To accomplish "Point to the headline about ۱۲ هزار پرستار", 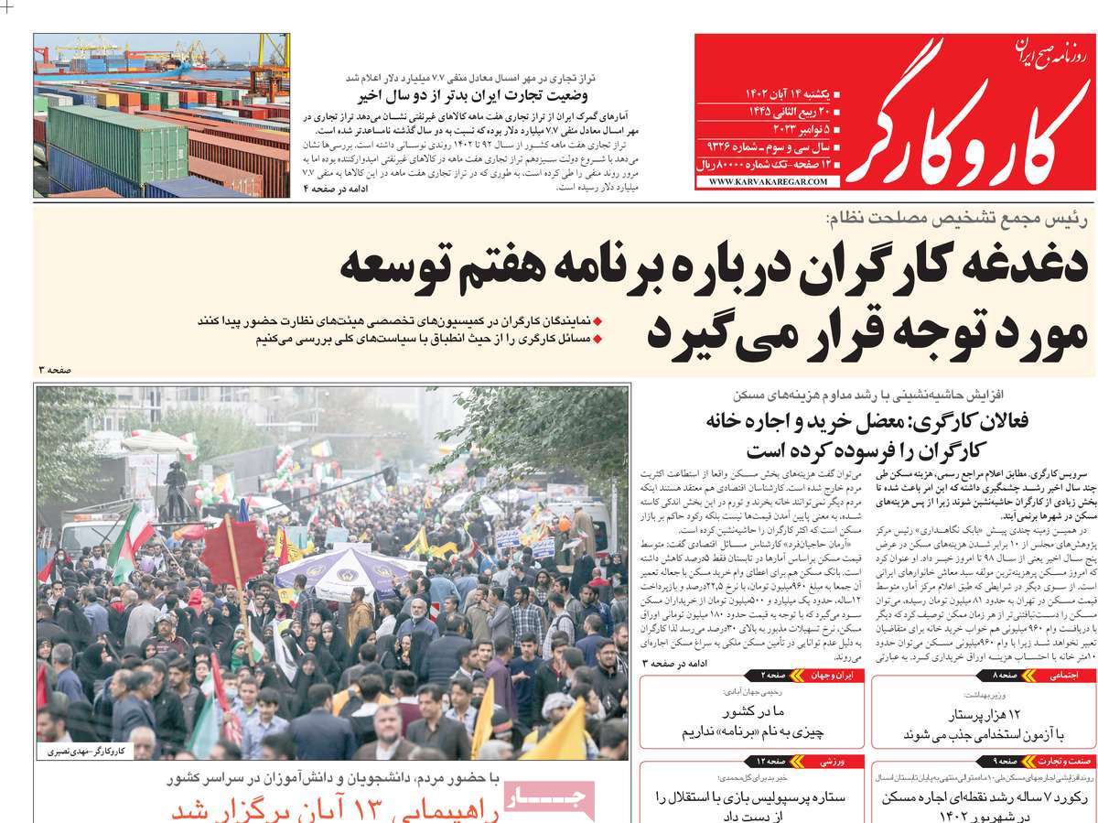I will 979,724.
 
